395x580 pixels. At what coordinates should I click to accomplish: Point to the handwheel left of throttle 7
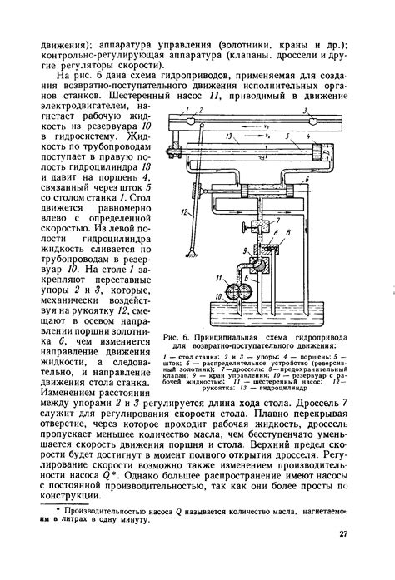pyautogui.click(x=236, y=226)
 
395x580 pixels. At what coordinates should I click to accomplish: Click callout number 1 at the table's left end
pyautogui.click(x=190, y=110)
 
